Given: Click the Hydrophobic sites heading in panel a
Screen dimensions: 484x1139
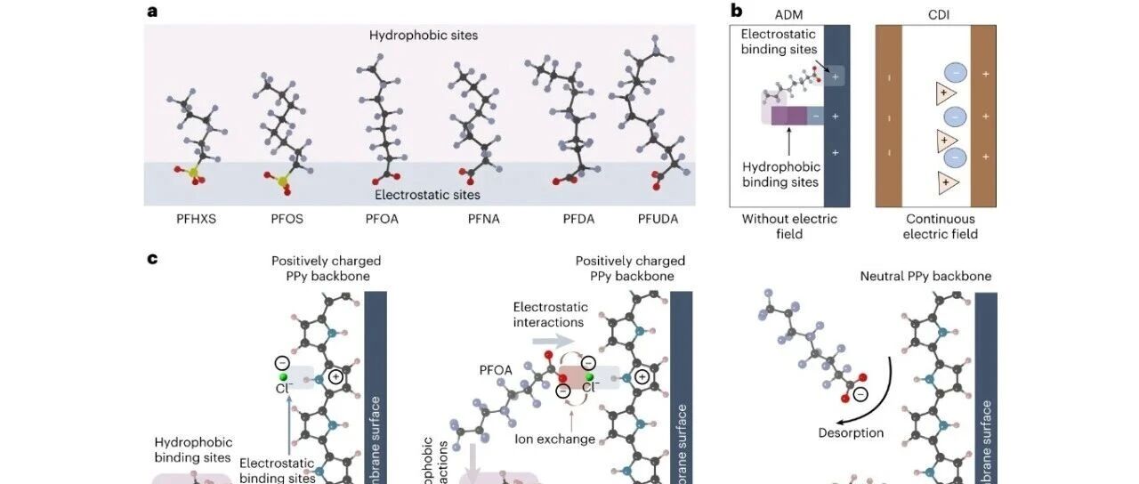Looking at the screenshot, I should [x=424, y=36].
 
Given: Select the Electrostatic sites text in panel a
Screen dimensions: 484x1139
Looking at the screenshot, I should [x=427, y=195].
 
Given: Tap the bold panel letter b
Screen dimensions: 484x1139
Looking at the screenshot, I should [x=736, y=11].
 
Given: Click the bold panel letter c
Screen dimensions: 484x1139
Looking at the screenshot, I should [x=152, y=258].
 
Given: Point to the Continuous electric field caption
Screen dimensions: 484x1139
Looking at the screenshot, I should [x=940, y=226].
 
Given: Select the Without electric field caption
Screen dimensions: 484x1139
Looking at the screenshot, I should [x=789, y=226].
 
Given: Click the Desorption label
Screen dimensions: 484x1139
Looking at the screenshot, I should [x=851, y=433].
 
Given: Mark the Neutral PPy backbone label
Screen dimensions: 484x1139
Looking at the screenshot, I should [x=925, y=277].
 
